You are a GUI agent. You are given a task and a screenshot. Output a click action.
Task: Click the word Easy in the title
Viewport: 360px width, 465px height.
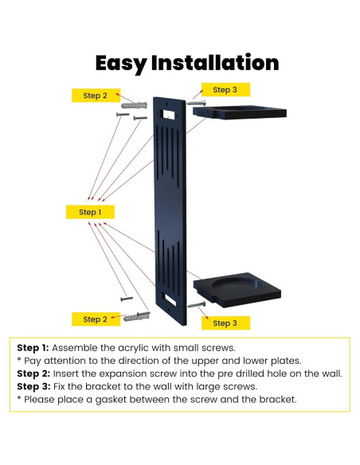[x=121, y=63]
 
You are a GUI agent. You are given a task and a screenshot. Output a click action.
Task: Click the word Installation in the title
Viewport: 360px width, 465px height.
[x=215, y=63]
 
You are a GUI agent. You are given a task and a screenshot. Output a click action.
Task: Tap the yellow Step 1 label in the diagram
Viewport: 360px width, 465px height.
[x=90, y=212]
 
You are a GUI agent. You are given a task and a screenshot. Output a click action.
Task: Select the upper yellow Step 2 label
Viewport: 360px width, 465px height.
[x=95, y=96]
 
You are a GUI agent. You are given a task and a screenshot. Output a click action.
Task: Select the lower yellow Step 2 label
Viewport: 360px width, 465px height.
[x=95, y=319]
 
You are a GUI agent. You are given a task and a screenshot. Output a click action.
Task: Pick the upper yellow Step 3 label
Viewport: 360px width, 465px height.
[x=225, y=90]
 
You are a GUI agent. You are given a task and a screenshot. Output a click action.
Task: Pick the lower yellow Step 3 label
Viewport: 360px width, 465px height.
[x=225, y=322]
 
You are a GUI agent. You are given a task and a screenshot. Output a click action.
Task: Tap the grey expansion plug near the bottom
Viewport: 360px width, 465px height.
[x=135, y=317]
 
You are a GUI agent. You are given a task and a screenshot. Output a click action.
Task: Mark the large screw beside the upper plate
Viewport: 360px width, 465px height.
[x=196, y=103]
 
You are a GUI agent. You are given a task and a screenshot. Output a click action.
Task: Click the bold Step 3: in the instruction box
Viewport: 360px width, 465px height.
[x=33, y=386]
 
